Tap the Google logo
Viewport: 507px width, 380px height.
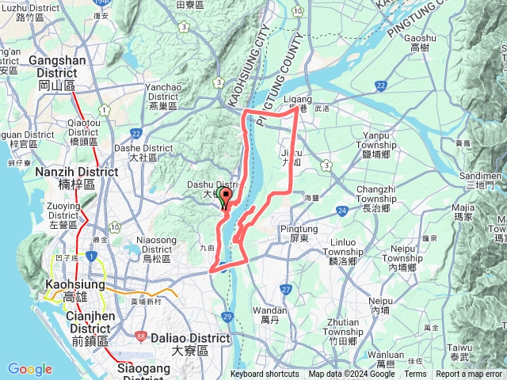pos(29,369)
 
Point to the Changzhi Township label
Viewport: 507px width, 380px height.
pos(382,194)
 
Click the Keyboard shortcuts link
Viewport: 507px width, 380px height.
pos(264,374)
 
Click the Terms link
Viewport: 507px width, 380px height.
pos(415,374)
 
